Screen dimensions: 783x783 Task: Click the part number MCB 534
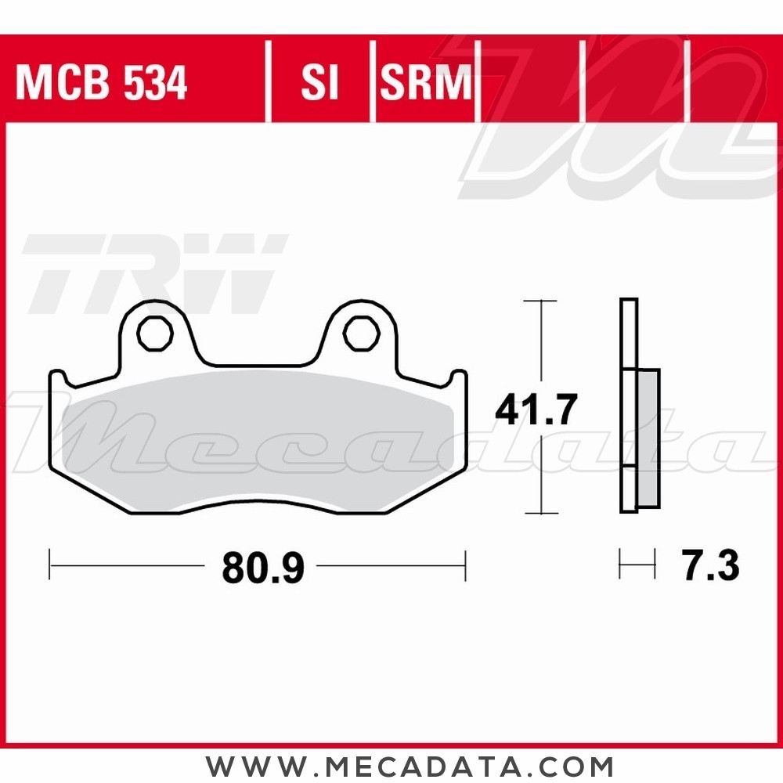coord(102,83)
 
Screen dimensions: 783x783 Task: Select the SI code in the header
coord(319,83)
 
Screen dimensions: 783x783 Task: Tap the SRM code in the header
coord(427,83)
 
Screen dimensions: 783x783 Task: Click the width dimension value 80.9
coord(262,568)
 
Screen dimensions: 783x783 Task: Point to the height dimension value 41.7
coord(536,410)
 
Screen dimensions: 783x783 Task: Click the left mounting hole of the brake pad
coord(153,334)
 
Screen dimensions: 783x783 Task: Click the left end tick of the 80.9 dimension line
coord(49,565)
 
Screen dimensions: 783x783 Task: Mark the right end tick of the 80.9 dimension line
coord(465,565)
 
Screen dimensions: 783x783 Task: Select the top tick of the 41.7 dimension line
coord(540,301)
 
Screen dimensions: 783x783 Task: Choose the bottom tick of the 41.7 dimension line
coord(540,514)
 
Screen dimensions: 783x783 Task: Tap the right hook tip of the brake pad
coord(460,375)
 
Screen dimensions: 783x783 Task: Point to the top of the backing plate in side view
coord(628,301)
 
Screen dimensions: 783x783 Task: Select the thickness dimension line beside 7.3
coord(637,565)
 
